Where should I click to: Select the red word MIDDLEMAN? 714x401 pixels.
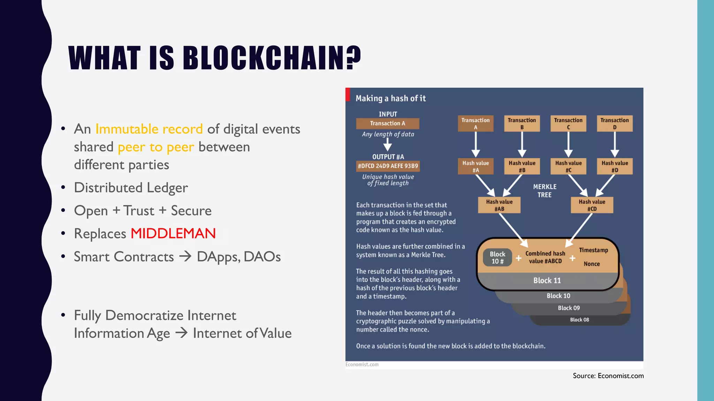tap(173, 234)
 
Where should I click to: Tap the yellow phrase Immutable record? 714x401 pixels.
tap(149, 129)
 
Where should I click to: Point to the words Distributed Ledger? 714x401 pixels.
tap(131, 188)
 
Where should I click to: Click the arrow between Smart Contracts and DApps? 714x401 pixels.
tap(185, 257)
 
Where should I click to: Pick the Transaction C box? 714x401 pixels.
tap(568, 124)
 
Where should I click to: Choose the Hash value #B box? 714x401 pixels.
tap(522, 166)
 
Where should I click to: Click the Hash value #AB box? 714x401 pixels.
tap(499, 205)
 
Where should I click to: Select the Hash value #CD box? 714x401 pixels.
tap(592, 205)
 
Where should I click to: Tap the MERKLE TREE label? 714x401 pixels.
tap(545, 191)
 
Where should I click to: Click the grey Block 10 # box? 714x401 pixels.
tap(497, 258)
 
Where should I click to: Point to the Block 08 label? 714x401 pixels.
tap(579, 320)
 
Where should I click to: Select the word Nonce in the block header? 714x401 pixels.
tap(592, 264)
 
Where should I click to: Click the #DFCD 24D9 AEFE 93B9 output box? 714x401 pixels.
tap(388, 166)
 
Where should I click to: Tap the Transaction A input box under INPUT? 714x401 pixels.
tap(388, 123)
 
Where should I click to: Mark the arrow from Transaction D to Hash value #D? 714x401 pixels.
tap(615, 144)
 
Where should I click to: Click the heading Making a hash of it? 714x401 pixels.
tap(390, 99)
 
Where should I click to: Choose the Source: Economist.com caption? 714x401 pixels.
tap(608, 376)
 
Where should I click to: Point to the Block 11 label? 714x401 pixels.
tap(547, 281)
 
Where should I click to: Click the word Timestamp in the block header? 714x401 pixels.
tap(593, 250)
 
